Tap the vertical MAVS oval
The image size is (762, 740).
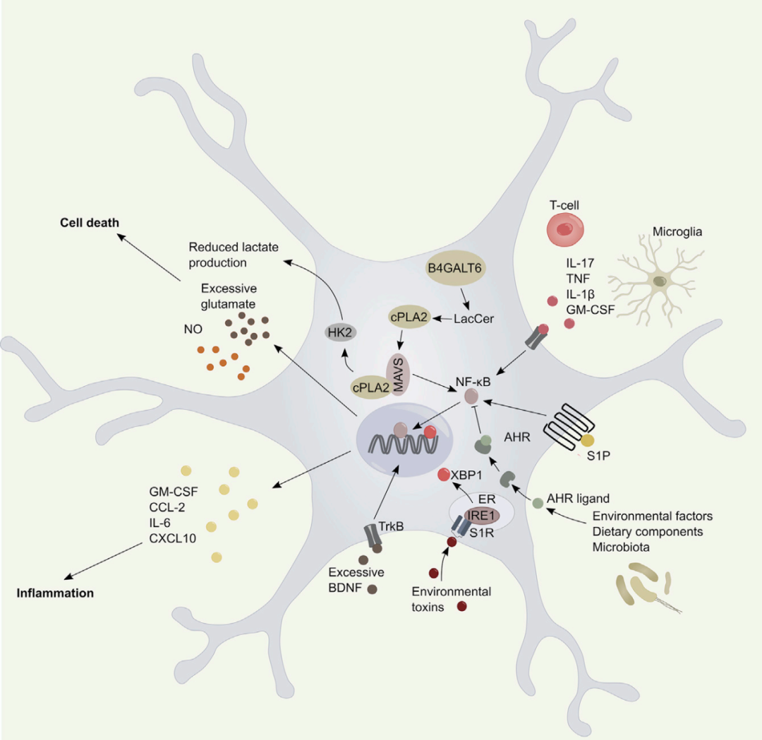pyautogui.click(x=396, y=376)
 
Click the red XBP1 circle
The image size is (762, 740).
pyautogui.click(x=445, y=475)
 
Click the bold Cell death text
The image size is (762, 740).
pyautogui.click(x=89, y=223)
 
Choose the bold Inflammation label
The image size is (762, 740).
pyautogui.click(x=55, y=593)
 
